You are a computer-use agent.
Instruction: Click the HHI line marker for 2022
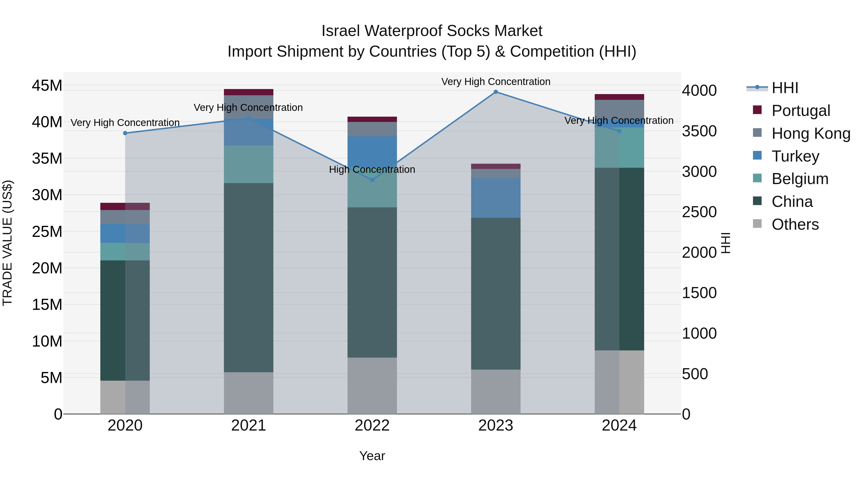click(372, 180)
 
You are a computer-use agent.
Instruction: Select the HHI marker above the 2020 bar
click(125, 133)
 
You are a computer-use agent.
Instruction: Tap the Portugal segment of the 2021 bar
click(249, 92)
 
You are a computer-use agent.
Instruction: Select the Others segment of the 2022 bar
click(372, 386)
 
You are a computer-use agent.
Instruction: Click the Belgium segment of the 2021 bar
click(249, 164)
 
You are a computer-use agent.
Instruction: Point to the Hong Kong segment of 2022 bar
click(372, 129)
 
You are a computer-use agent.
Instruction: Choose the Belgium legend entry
click(800, 179)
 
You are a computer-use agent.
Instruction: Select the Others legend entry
click(795, 224)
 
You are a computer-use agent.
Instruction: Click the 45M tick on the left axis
click(47, 85)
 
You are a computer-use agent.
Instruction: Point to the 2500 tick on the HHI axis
click(699, 212)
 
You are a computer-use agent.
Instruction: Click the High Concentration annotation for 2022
click(372, 169)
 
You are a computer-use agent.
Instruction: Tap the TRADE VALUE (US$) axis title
click(7, 243)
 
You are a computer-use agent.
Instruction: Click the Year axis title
click(372, 456)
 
